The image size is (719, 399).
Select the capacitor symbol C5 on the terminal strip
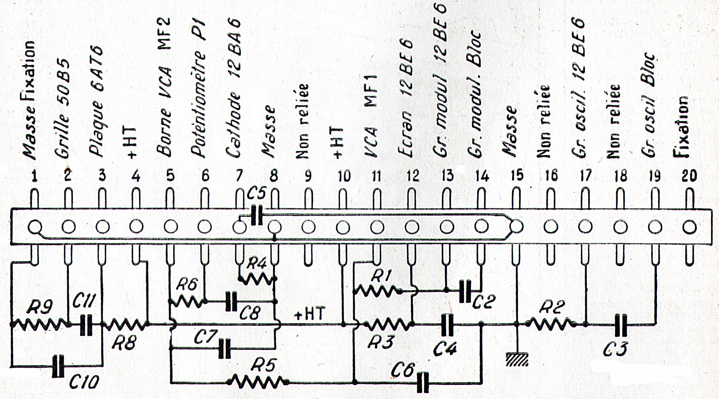[x=257, y=216]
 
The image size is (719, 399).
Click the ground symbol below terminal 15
[x=517, y=359]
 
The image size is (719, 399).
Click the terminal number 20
[x=689, y=176]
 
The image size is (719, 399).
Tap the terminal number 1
[x=34, y=176]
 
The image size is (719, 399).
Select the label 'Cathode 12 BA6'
[x=234, y=88]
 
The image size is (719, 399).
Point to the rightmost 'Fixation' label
[x=680, y=127]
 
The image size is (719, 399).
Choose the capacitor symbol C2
[x=465, y=291]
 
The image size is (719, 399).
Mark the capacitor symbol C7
[x=225, y=348]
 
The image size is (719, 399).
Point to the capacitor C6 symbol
[x=423, y=382]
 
